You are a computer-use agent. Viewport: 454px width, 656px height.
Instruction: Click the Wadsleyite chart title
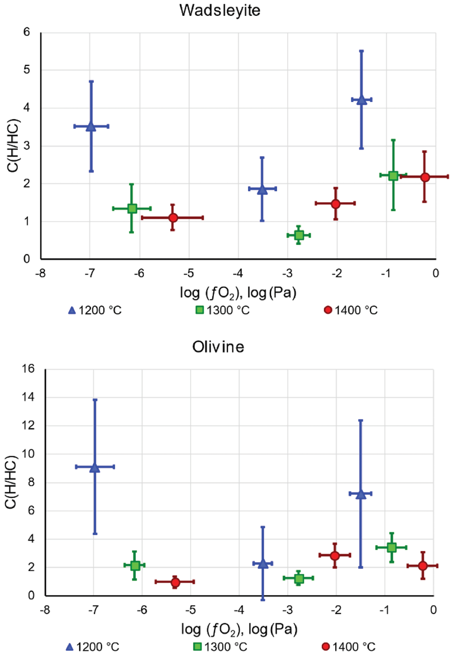(220, 11)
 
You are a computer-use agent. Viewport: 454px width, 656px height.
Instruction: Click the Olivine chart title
(218, 347)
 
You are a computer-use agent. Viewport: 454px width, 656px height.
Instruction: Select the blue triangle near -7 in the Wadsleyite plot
(91, 126)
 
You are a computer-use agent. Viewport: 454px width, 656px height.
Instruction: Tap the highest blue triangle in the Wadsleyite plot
(362, 100)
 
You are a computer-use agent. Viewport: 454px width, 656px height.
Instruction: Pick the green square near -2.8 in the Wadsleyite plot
(299, 235)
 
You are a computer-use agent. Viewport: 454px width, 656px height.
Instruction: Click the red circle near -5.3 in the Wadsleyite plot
(173, 218)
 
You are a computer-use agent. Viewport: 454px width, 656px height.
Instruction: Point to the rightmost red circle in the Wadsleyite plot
(425, 177)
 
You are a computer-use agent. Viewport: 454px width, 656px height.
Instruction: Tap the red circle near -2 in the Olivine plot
(335, 555)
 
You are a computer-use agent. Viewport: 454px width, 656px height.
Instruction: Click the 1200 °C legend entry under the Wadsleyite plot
(95, 310)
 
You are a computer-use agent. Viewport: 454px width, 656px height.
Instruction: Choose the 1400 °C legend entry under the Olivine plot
(349, 647)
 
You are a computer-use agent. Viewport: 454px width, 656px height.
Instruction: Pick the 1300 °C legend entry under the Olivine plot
(220, 647)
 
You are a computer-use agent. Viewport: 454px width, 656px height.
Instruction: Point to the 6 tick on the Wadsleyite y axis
(26, 32)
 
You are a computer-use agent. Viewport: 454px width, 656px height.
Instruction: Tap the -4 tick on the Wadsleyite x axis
(238, 274)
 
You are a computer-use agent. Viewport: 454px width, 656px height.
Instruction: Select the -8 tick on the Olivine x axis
(45, 610)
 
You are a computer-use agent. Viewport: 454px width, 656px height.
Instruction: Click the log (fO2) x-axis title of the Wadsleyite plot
(238, 293)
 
